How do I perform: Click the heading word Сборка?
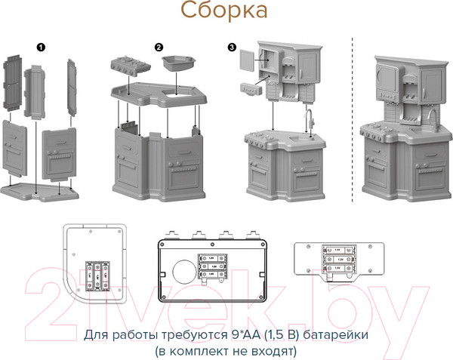[223, 12]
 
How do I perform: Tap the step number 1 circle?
[41, 47]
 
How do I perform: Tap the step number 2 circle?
[159, 47]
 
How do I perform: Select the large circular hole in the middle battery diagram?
[184, 271]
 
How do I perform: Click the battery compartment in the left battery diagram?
[100, 275]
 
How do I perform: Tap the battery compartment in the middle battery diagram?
[215, 265]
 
